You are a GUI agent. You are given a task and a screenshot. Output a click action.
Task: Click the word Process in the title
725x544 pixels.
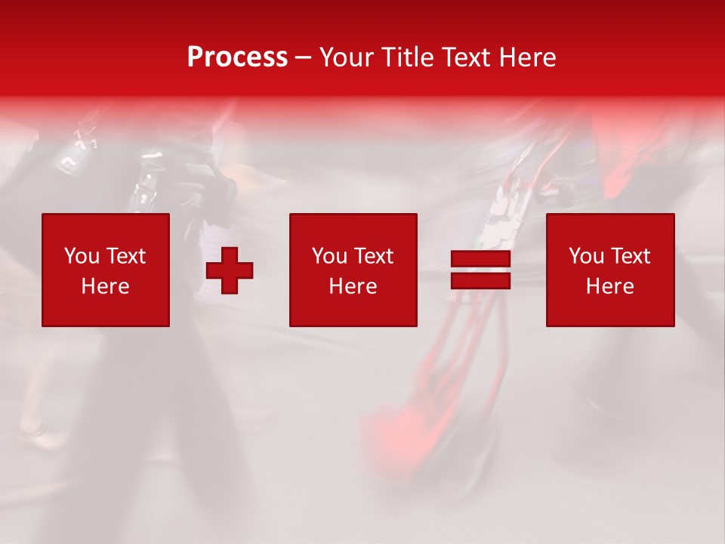tap(237, 57)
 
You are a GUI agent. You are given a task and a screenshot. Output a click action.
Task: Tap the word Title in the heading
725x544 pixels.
tap(405, 57)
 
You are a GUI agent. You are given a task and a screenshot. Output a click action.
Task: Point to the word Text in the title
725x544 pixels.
tap(464, 57)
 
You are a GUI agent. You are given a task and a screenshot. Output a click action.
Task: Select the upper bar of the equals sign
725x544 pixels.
tap(480, 260)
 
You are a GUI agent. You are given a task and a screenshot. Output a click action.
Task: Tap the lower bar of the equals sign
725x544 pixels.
tap(480, 281)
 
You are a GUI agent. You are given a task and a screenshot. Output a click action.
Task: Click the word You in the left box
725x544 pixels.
tap(82, 256)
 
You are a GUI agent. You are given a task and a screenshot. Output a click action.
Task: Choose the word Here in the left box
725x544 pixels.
tap(105, 286)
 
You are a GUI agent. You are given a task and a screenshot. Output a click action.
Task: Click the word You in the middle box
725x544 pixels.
tap(329, 256)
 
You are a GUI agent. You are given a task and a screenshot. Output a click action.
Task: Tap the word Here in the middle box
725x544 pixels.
tap(353, 286)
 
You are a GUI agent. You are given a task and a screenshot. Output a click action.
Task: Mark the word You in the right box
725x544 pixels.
tap(586, 256)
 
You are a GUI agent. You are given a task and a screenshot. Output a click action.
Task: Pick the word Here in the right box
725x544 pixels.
tap(609, 286)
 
